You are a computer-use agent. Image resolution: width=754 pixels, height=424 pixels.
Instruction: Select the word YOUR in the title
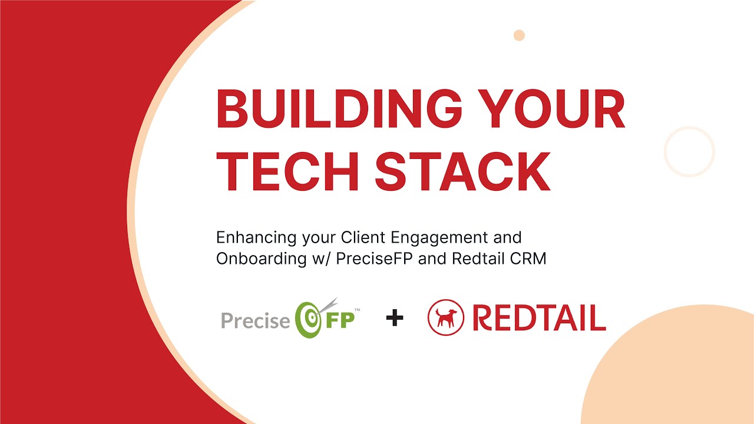click(x=563, y=110)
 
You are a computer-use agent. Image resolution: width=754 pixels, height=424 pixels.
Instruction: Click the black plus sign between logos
click(x=395, y=319)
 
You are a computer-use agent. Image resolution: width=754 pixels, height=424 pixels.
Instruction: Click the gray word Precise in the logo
click(x=255, y=321)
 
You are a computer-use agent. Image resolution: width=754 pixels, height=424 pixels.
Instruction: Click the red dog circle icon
click(x=446, y=318)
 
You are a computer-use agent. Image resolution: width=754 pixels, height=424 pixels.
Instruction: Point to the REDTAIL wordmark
click(x=538, y=319)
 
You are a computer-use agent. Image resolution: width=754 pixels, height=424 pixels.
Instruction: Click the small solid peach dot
click(x=519, y=35)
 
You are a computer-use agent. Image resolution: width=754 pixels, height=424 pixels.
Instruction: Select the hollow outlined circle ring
click(x=689, y=152)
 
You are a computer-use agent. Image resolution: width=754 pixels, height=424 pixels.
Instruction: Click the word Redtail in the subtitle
click(x=474, y=259)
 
